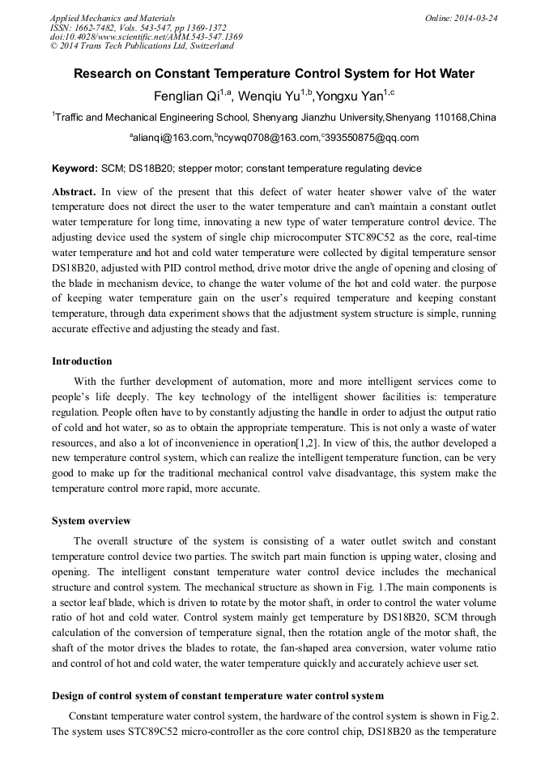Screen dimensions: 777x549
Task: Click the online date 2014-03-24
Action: click(x=476, y=18)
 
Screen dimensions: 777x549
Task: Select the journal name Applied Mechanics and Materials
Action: click(x=113, y=18)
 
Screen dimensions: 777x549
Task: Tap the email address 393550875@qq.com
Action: click(x=372, y=139)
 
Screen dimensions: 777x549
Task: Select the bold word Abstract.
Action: click(x=74, y=192)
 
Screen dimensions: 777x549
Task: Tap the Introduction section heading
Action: click(x=82, y=361)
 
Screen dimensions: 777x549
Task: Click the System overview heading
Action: click(x=91, y=521)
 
